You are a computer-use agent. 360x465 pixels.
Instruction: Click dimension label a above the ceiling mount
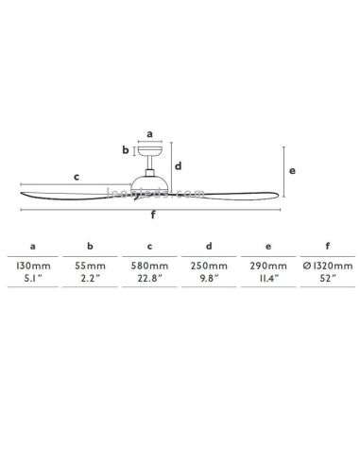150,133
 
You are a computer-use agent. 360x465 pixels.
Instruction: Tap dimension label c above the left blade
76,176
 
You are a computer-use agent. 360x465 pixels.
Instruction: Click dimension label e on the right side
294,171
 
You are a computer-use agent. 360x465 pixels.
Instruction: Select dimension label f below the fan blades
153,214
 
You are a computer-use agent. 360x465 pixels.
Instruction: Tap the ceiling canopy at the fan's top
151,150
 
